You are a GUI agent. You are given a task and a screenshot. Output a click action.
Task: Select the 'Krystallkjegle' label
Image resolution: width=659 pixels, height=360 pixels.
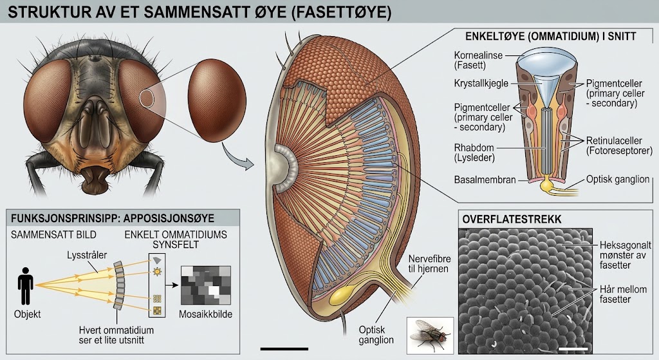point(481,83)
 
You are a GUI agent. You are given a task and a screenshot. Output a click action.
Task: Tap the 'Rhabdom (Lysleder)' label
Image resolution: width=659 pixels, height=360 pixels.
point(474,153)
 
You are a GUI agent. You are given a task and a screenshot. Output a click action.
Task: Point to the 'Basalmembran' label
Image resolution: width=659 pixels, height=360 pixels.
point(485,180)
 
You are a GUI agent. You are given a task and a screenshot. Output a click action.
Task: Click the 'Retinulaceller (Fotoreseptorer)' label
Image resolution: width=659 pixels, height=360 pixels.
point(619,146)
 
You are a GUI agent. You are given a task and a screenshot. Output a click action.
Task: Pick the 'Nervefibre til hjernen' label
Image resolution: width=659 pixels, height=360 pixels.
point(429,263)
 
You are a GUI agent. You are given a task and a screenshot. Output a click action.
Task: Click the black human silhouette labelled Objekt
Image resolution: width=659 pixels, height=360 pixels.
point(26,286)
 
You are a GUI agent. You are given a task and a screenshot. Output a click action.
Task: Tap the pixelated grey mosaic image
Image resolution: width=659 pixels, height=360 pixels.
point(205,285)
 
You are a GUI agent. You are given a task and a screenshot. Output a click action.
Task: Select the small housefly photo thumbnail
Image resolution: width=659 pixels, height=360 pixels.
point(430,335)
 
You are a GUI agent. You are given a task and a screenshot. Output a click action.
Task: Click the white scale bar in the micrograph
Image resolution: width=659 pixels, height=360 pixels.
point(573,349)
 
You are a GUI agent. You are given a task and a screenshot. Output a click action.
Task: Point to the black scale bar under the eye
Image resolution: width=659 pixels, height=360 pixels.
point(284,348)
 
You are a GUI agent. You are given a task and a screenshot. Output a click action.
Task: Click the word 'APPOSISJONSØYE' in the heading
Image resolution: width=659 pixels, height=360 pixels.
point(169,218)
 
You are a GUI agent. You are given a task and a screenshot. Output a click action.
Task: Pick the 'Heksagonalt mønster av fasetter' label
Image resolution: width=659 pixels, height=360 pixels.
point(626,255)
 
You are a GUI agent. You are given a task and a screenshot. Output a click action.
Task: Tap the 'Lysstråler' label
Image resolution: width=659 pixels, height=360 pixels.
point(87,255)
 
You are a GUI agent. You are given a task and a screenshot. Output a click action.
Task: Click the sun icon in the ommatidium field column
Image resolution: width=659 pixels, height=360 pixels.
point(157,272)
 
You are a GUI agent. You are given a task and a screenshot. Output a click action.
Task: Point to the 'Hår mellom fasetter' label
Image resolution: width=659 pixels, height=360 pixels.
point(623,294)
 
